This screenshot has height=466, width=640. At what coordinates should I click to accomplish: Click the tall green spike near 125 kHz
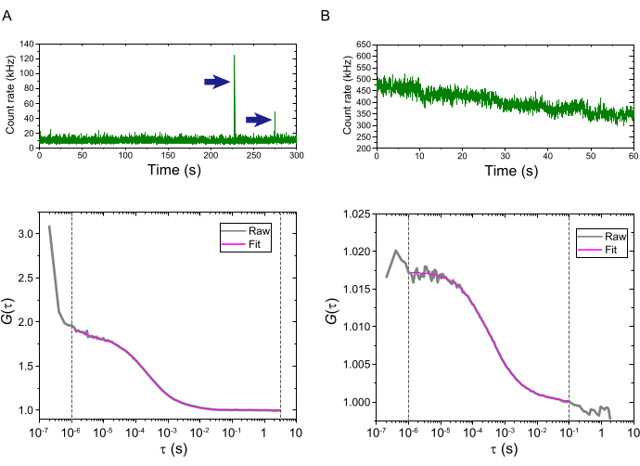tap(234, 84)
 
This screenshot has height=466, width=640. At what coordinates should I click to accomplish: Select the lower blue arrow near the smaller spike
tap(259, 120)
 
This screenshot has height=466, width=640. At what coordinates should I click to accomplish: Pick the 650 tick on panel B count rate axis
tap(362, 45)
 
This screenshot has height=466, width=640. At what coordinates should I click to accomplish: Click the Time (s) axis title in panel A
tap(167, 171)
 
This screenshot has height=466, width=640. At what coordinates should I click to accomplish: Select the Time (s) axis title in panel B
tap(505, 171)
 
